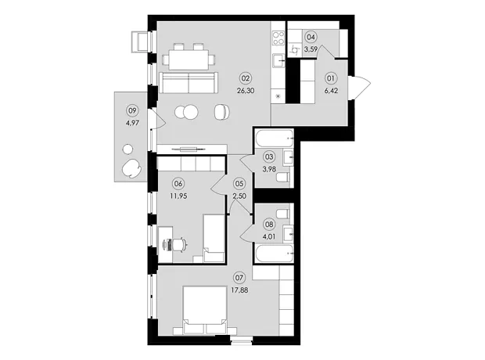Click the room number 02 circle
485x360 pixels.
point(246,78)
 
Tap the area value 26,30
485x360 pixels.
point(246,91)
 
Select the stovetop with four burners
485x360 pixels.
point(278,38)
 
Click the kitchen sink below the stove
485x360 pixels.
point(278,60)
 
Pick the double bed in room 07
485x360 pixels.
point(204,311)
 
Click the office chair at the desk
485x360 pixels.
point(178,245)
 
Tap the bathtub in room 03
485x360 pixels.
point(274,139)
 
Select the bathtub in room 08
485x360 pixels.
point(274,254)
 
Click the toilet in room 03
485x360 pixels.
point(282,178)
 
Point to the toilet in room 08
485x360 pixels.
point(282,214)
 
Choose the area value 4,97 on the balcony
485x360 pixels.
point(132,123)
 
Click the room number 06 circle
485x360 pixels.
point(179,184)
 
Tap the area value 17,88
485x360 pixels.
point(239,290)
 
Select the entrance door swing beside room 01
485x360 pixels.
point(360,88)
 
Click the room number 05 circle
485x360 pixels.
point(239,184)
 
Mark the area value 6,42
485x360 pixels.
point(331,91)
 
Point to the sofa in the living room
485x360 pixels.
point(189,83)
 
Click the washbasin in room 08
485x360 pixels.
point(288,235)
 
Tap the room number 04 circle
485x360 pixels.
point(311,37)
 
